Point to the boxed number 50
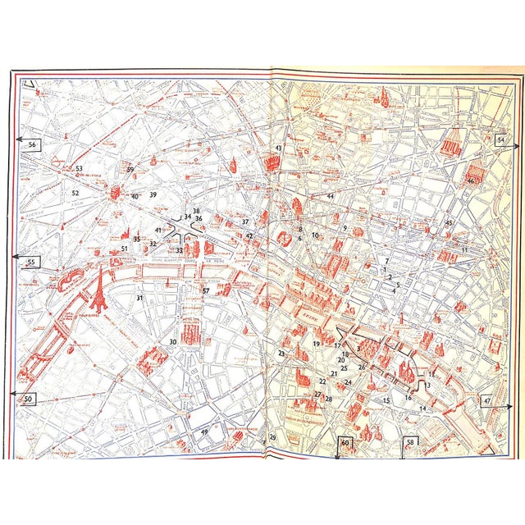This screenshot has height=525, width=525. pyautogui.click(x=30, y=399)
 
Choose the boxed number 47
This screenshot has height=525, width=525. pyautogui.click(x=488, y=401)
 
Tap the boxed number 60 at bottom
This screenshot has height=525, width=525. pyautogui.click(x=345, y=443)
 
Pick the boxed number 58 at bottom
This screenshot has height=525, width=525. pyautogui.click(x=410, y=442)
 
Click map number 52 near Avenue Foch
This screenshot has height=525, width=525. pyautogui.click(x=75, y=194)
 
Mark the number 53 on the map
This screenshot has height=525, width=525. pyautogui.click(x=79, y=169)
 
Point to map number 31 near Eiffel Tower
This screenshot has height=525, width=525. pyautogui.click(x=139, y=298)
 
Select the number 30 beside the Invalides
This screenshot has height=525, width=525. pyautogui.click(x=172, y=342)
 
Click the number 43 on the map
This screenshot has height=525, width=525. pyautogui.click(x=279, y=148)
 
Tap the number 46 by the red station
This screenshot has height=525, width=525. pyautogui.click(x=471, y=180)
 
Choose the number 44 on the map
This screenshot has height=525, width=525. pyautogui.click(x=330, y=196)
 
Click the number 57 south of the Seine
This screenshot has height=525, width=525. pyautogui.click(x=206, y=291)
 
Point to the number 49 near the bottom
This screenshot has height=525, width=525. pyautogui.click(x=204, y=432)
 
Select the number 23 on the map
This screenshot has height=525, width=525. pyautogui.click(x=281, y=354)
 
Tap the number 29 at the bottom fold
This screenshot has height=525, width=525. pyautogui.click(x=273, y=437)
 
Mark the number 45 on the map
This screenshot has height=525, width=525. pyautogui.click(x=449, y=223)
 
